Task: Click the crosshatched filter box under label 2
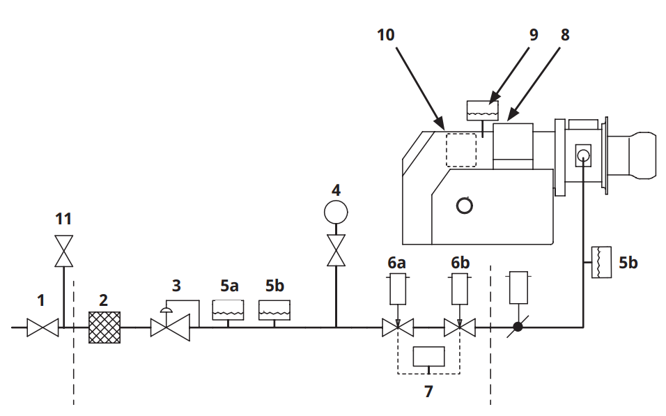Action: [x=104, y=328]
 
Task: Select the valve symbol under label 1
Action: [x=42, y=328]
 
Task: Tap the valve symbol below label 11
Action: [x=63, y=251]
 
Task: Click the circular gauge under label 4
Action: [x=336, y=212]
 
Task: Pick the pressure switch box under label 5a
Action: [x=228, y=310]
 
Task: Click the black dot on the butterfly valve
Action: [x=518, y=327]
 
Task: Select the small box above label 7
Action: [x=429, y=356]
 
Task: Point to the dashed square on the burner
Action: [x=461, y=150]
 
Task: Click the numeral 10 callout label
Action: [x=386, y=35]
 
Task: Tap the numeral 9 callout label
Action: [x=534, y=35]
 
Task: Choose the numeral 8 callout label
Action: [x=565, y=35]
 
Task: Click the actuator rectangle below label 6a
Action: [x=398, y=289]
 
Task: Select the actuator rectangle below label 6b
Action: [x=460, y=289]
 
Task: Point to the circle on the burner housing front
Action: [x=464, y=206]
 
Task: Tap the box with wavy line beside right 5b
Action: [x=601, y=262]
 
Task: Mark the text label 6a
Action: [x=396, y=263]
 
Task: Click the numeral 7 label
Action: [x=428, y=392]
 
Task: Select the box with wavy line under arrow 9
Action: [x=483, y=111]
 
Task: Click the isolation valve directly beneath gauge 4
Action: [x=336, y=250]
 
